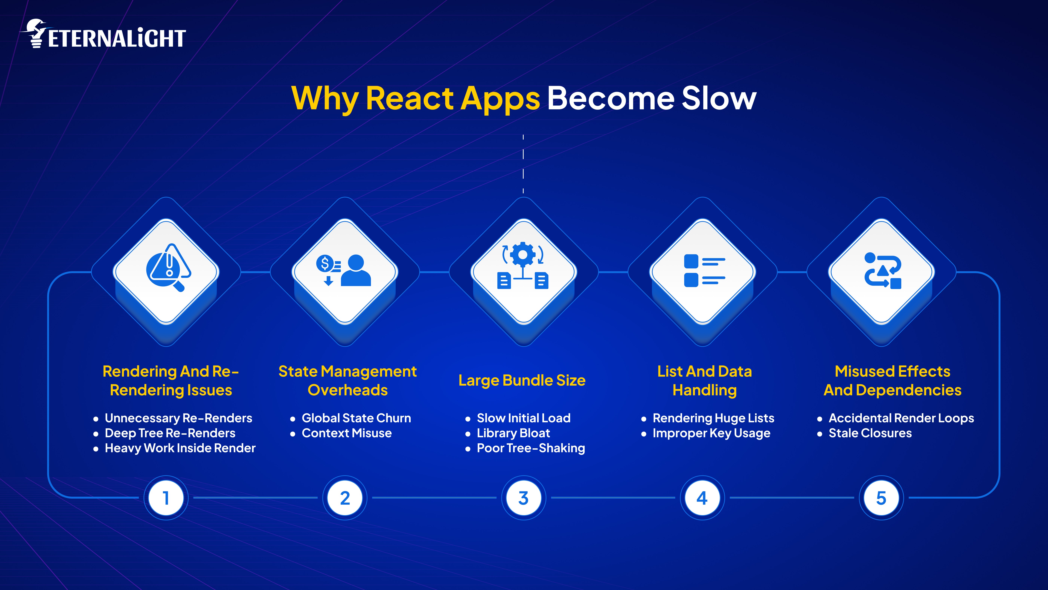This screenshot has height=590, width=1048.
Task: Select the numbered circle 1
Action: [x=166, y=498]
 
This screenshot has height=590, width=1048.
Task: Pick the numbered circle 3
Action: [x=524, y=498]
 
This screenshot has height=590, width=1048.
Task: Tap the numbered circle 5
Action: [x=881, y=498]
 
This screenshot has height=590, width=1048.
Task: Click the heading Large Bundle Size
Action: [x=522, y=380]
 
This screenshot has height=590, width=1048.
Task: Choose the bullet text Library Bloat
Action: [x=513, y=433]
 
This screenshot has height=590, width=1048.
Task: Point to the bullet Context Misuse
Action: [x=346, y=433]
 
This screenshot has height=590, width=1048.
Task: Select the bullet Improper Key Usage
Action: [x=711, y=433]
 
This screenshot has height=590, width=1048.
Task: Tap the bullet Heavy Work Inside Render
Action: [x=180, y=448]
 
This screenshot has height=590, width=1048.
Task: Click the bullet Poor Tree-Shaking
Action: [x=531, y=448]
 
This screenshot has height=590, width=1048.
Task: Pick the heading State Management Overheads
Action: [x=348, y=380]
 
